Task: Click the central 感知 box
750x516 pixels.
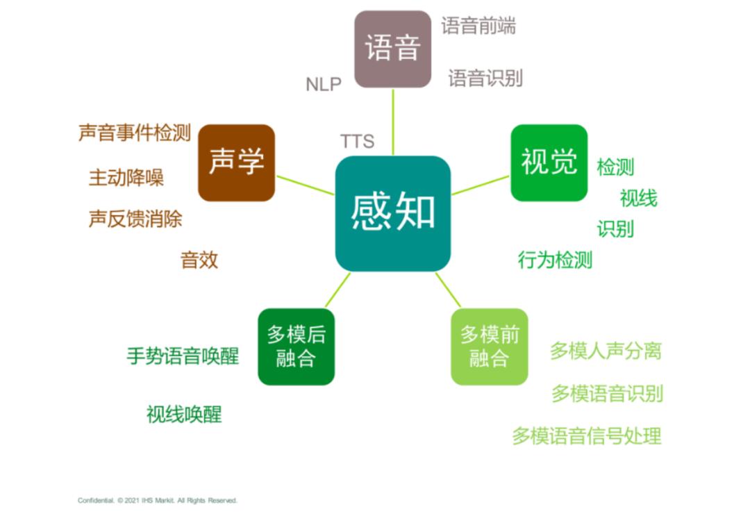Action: point(392,213)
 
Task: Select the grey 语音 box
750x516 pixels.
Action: point(392,49)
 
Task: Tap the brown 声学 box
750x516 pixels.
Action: point(236,163)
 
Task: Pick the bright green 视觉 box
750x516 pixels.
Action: point(549,163)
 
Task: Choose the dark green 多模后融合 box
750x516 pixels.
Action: point(296,347)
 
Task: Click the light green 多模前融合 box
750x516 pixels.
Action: point(490,347)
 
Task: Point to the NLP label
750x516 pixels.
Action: point(324,85)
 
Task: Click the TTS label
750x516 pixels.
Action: point(358,141)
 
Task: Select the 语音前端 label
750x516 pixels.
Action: point(478,26)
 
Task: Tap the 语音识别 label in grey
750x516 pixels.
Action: point(485,78)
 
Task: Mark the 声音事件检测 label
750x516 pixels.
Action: point(135,133)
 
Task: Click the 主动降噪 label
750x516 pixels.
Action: point(126,177)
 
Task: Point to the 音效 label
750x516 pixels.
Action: point(199,260)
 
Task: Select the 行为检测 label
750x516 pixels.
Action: point(555,260)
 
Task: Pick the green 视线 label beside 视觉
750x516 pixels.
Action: point(639,198)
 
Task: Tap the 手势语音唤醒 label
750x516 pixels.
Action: point(182,356)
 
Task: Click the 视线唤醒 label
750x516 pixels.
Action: point(183,414)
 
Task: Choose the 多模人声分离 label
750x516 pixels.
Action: point(606,351)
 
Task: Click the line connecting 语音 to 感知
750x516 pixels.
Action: point(393,122)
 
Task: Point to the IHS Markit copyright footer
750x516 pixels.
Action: point(158,500)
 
